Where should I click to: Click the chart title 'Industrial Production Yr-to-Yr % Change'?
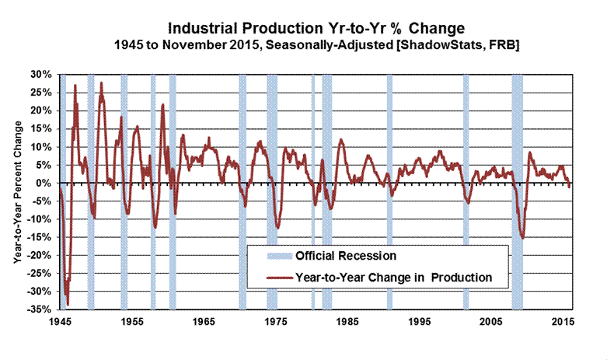tap(314, 30)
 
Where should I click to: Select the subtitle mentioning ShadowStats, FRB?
tap(314, 47)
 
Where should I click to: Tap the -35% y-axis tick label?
tap(40, 309)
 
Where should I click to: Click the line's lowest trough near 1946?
tap(68, 304)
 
